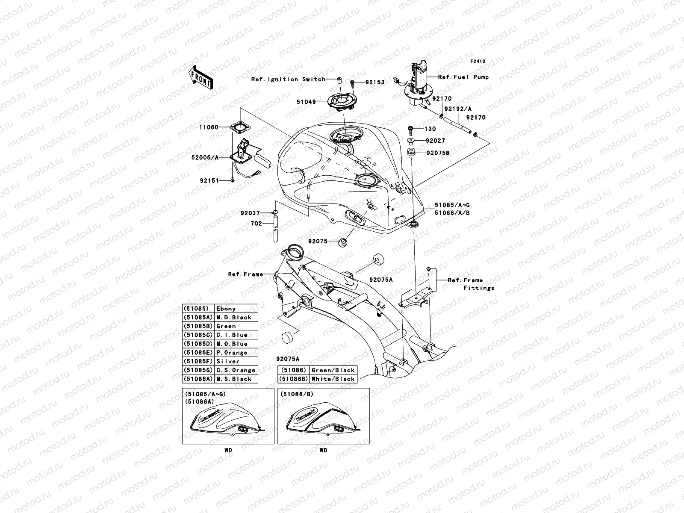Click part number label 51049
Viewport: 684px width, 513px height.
pos(307,102)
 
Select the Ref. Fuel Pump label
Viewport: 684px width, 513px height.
pos(463,77)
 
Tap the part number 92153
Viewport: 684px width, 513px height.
pos(375,82)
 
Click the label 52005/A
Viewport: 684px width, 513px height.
pos(205,157)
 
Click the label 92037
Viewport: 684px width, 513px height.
pos(250,213)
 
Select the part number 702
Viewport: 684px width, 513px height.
pos(256,223)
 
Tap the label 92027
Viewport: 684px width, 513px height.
pos(435,141)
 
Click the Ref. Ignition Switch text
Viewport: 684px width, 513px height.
pos(294,79)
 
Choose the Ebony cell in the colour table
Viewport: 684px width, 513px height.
pos(236,309)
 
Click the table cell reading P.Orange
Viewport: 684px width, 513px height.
pos(236,353)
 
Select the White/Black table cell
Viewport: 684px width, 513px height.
pos(333,379)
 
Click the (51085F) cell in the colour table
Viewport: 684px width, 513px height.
pos(198,361)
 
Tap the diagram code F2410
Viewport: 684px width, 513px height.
pos(478,62)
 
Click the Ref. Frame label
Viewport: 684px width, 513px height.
pos(245,274)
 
